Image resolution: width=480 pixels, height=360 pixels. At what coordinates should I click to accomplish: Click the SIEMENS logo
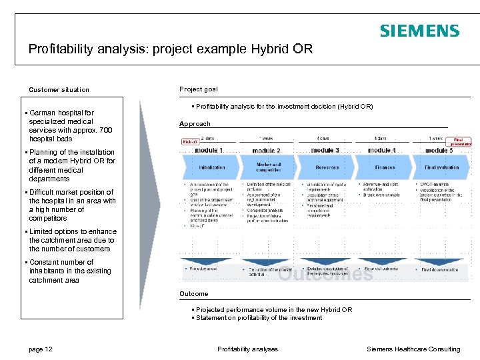click(x=419, y=31)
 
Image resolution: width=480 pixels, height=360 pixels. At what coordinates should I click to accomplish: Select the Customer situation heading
click(x=59, y=90)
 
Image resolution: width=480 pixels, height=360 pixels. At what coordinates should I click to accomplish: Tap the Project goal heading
click(x=198, y=89)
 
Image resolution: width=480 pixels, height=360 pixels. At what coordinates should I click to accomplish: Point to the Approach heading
click(x=195, y=124)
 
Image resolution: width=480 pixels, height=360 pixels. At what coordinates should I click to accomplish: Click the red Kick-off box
click(x=190, y=141)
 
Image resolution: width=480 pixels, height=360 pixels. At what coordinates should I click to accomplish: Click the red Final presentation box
click(x=461, y=141)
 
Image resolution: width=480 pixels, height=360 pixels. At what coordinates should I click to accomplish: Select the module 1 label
click(x=209, y=151)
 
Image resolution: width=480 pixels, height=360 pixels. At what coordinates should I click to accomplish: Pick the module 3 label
click(x=325, y=151)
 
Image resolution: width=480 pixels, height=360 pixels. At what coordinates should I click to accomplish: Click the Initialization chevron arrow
click(x=212, y=167)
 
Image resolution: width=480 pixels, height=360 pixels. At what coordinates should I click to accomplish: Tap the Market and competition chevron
click(x=268, y=167)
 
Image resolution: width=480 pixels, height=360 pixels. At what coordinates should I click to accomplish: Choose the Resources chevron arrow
click(x=327, y=167)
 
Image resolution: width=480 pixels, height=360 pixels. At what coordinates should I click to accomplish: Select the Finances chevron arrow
click(x=385, y=167)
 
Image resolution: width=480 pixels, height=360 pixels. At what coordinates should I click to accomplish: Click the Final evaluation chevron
click(x=441, y=167)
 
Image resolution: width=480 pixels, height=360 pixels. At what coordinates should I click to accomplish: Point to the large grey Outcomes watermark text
click(x=325, y=274)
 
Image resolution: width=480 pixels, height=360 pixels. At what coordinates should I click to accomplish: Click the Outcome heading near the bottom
click(x=194, y=294)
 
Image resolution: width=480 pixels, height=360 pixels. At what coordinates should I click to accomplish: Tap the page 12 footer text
click(x=41, y=349)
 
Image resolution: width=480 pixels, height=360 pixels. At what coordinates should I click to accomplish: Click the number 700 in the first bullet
click(x=105, y=131)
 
